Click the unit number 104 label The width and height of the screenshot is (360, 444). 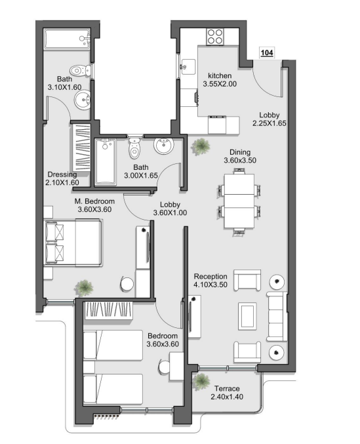(x=267, y=52)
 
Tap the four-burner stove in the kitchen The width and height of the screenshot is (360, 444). (x=215, y=37)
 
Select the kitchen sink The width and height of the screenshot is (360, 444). (x=188, y=67)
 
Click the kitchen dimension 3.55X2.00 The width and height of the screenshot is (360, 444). (x=220, y=84)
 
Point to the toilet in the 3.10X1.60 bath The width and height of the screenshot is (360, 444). (x=81, y=70)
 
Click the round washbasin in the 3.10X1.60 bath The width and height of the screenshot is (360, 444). (x=83, y=100)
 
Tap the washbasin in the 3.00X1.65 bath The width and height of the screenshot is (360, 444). (x=163, y=146)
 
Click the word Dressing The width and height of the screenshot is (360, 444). (x=62, y=174)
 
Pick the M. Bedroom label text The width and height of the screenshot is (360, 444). (x=94, y=201)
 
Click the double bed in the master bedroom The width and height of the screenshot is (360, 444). (x=73, y=243)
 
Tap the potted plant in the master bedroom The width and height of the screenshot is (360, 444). (x=84, y=288)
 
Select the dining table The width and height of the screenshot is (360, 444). (x=239, y=201)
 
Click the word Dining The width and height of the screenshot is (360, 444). (x=240, y=152)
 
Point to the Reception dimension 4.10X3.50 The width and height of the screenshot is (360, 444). (x=210, y=285)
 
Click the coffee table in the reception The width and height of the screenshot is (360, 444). (x=247, y=316)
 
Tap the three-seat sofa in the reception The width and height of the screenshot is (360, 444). (x=277, y=317)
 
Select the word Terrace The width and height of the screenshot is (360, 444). (x=227, y=388)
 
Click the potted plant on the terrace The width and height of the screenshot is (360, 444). (x=201, y=382)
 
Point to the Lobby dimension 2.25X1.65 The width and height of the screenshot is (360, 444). (x=270, y=123)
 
